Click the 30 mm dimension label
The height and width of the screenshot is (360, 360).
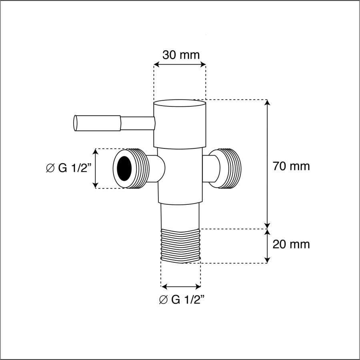(x=181, y=55)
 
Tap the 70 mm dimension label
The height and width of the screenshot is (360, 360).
(x=291, y=166)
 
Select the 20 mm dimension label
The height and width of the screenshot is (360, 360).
(x=291, y=244)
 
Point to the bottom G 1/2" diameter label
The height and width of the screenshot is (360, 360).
(x=182, y=300)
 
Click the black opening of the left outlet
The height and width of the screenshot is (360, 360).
(x=124, y=168)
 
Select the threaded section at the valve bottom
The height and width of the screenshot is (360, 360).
(x=181, y=246)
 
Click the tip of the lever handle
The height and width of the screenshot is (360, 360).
(x=75, y=123)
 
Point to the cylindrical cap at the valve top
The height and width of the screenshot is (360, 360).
(x=180, y=124)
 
